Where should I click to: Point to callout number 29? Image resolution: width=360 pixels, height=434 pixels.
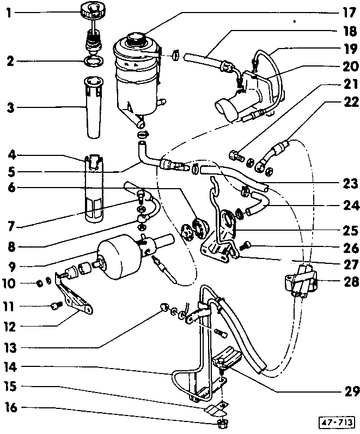point(349,391)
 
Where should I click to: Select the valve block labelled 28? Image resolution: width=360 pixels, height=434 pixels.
point(301,279)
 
